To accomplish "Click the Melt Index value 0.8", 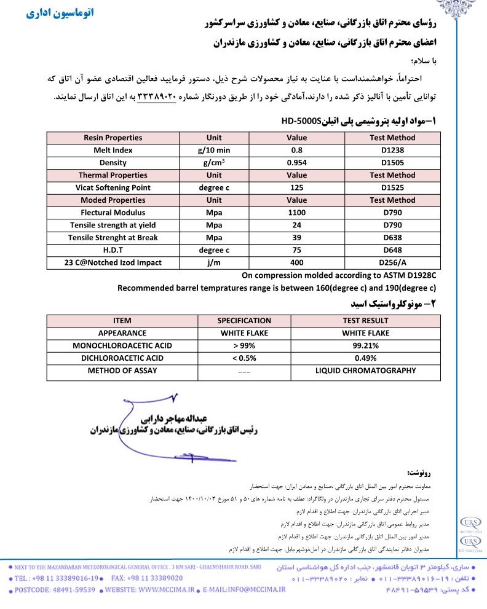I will click(296, 151).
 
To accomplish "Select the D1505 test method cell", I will click(392, 163).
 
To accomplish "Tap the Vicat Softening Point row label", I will click(113, 187).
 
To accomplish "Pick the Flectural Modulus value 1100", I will click(296, 213).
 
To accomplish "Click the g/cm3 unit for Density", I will click(214, 163).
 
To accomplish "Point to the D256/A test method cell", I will click(392, 262).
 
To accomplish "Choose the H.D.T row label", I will click(113, 250).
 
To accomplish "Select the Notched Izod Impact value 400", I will click(296, 262).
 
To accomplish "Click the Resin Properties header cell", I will click(113, 138).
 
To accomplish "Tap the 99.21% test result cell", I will click(366, 345).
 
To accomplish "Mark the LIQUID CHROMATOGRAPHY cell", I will click(366, 371).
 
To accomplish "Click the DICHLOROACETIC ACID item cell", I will click(122, 358).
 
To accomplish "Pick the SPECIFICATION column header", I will click(244, 320).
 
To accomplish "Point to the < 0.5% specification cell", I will click(244, 358).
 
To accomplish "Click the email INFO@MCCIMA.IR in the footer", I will click(258, 589).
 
